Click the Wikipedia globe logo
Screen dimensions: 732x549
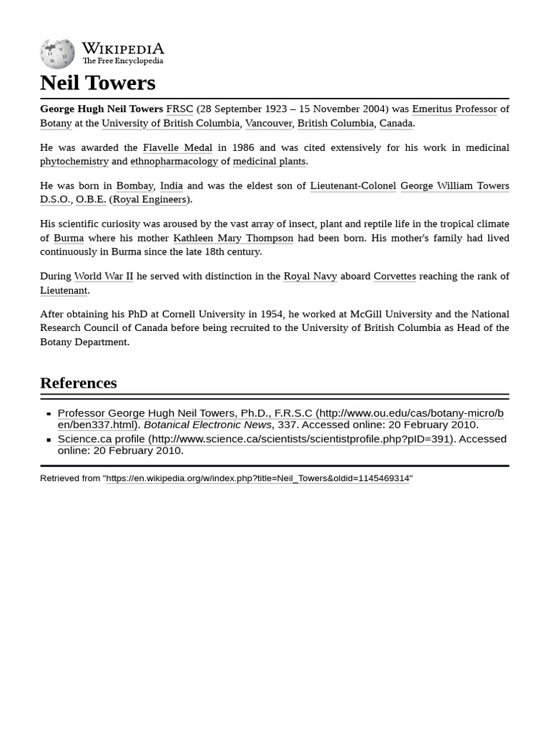(57, 54)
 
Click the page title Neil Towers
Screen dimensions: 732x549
(97, 83)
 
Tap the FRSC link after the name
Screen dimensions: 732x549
(179, 109)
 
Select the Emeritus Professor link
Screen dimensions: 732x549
(454, 109)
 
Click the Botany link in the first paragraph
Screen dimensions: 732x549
(56, 123)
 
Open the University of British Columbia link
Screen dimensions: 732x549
(170, 123)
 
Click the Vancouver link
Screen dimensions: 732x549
(268, 123)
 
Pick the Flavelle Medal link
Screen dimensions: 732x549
(177, 147)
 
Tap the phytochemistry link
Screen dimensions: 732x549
(74, 162)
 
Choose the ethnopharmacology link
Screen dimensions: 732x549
(174, 162)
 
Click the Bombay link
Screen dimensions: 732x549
(134, 186)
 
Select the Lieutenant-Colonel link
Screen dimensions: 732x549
(352, 186)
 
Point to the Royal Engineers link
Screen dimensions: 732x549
(149, 199)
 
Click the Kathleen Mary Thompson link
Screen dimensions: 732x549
(233, 238)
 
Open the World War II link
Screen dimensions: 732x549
(104, 276)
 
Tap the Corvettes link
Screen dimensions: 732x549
(395, 276)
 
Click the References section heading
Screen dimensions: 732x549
(78, 383)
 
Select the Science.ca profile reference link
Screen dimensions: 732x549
(101, 439)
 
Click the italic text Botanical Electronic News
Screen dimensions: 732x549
(207, 425)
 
